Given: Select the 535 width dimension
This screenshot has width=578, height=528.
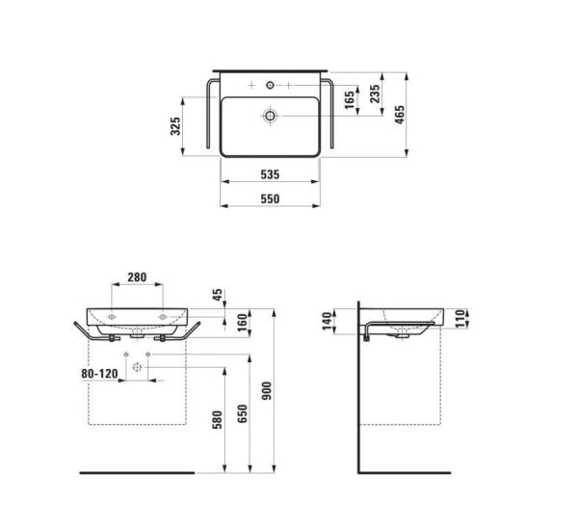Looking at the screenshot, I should (270, 174).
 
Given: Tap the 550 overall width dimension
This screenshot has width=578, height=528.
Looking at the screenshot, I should (270, 198).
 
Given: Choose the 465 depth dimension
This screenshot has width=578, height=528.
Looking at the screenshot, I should (400, 115).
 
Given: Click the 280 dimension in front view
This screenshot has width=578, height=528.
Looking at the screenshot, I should (137, 277).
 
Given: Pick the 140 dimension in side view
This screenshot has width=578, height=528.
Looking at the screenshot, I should (328, 320).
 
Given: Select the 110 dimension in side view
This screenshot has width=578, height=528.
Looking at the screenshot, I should (460, 316).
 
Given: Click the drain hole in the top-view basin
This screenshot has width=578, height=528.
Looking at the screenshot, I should (271, 117).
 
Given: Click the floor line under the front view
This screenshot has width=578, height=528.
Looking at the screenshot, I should (135, 473).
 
